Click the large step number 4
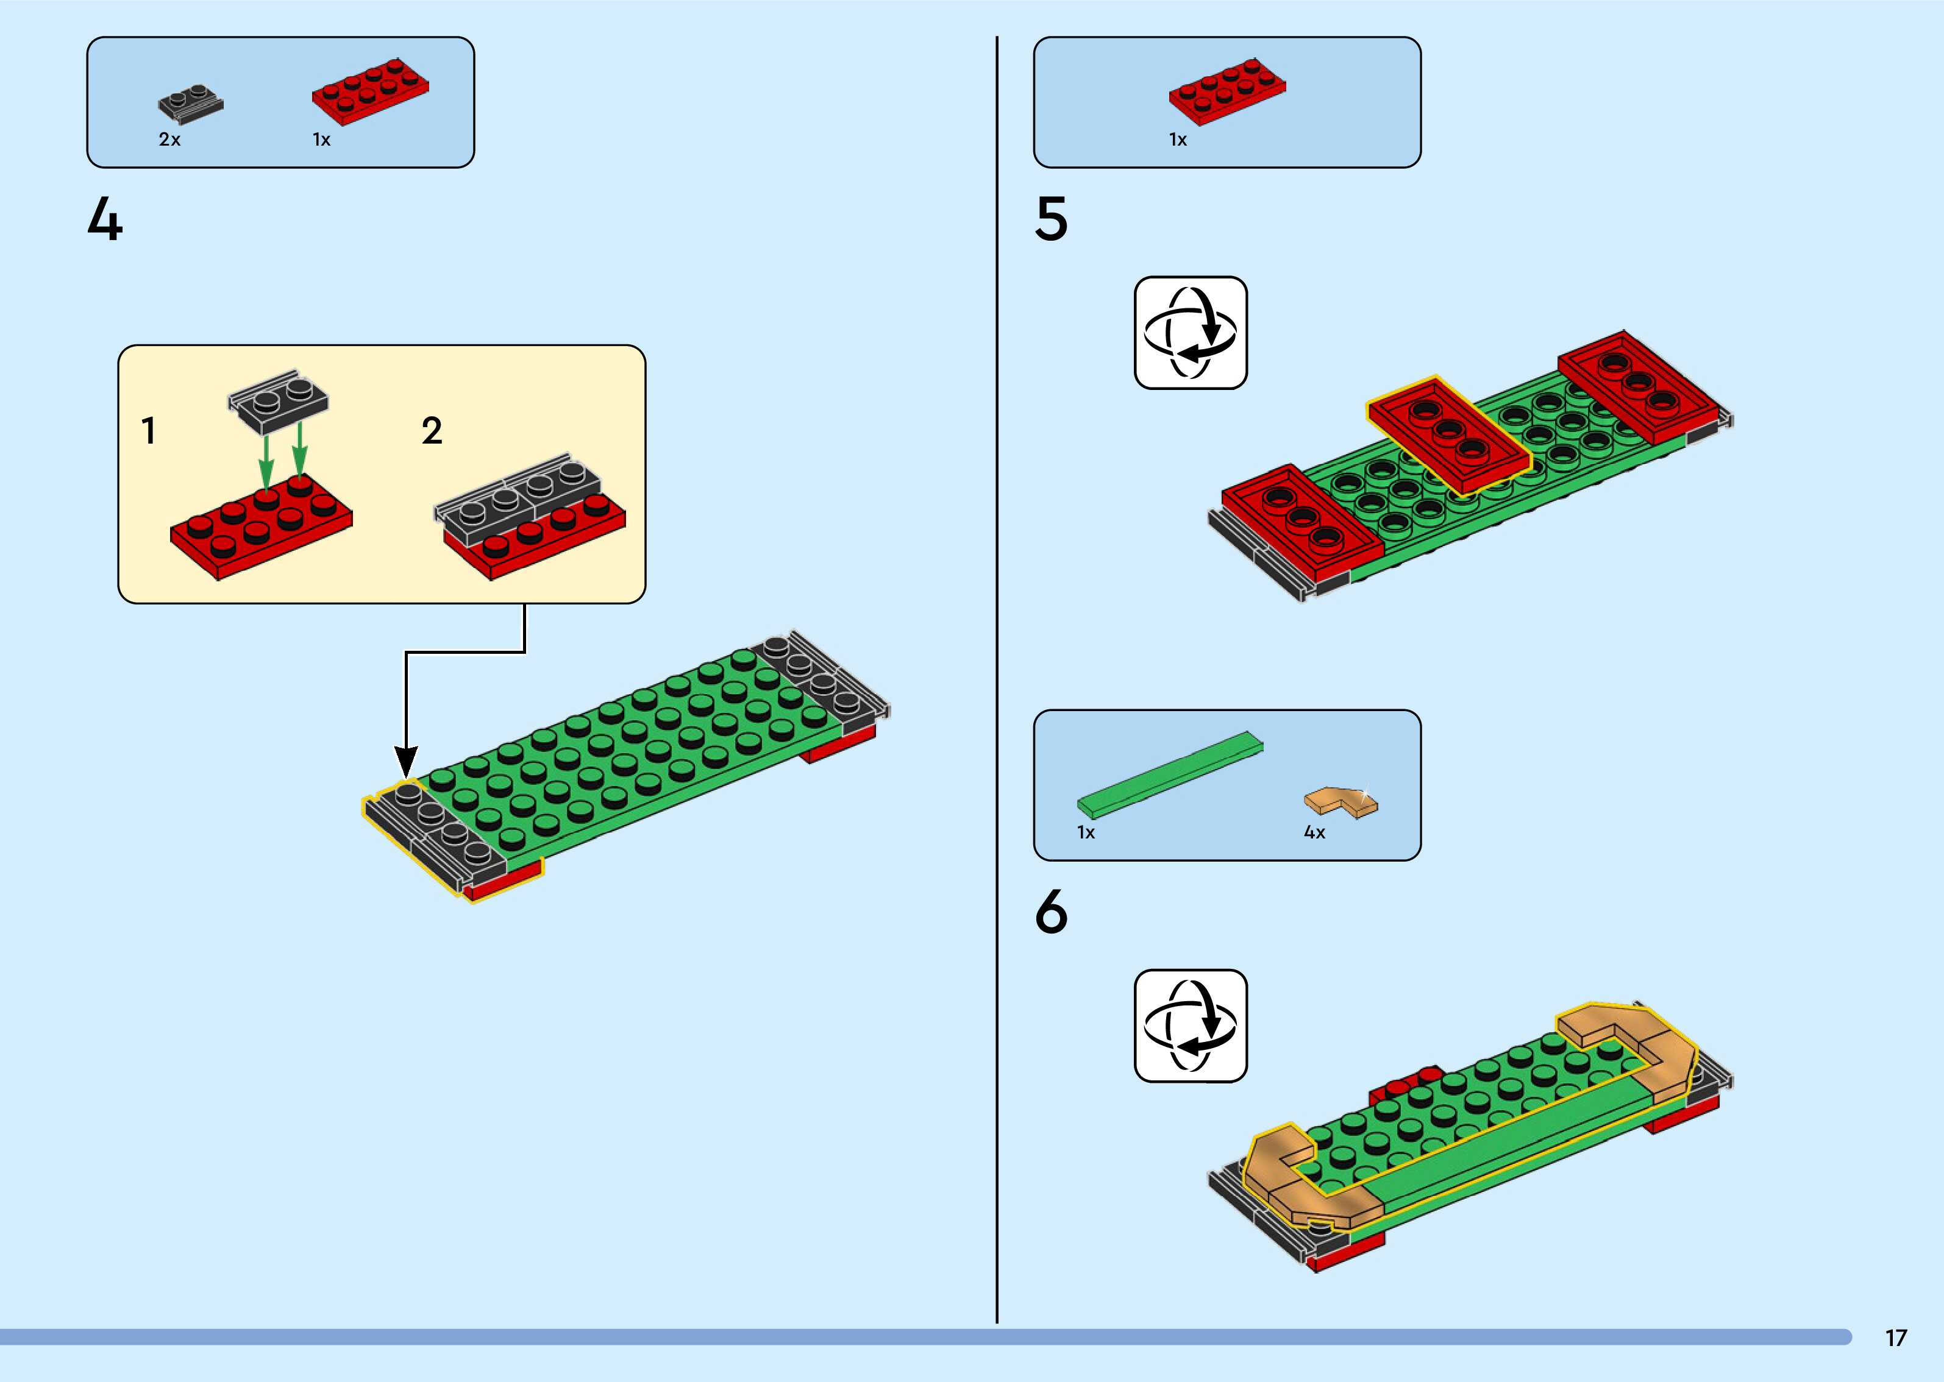point(105,221)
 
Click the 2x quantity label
point(169,140)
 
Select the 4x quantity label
point(1314,832)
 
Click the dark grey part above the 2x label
point(191,102)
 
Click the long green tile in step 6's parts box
point(1170,770)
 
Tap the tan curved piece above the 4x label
point(1340,803)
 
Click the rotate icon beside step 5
point(1190,333)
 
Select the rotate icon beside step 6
point(1190,1026)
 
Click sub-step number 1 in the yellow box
point(149,431)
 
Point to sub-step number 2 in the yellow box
point(432,431)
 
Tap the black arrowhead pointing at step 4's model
point(407,760)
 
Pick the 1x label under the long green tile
point(1086,832)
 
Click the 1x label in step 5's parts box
point(1177,140)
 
